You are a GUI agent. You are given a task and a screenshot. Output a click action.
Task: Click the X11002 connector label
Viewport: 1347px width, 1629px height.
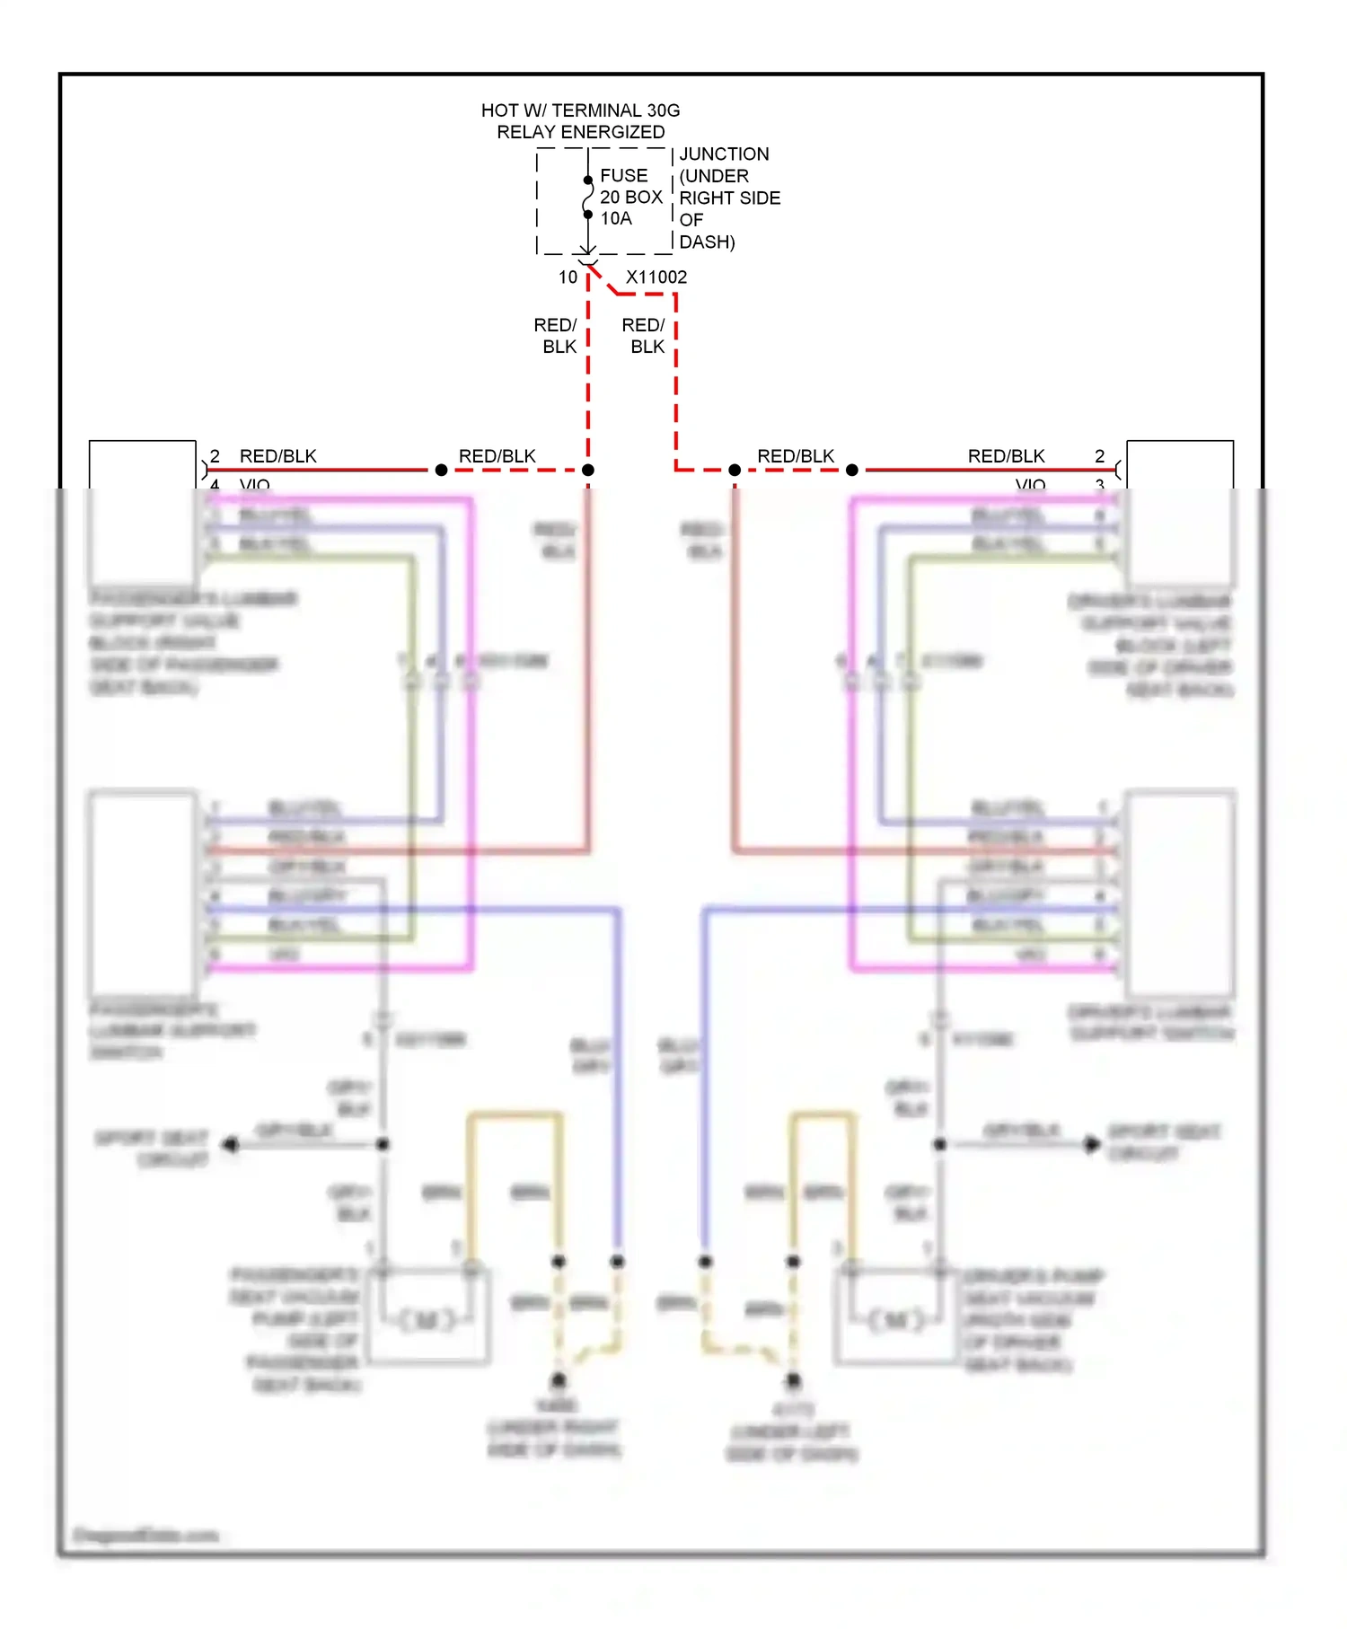click(656, 277)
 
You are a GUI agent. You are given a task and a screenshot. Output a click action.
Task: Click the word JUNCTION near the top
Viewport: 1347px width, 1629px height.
click(724, 154)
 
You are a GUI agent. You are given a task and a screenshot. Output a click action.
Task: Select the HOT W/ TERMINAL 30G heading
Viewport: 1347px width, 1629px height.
click(580, 110)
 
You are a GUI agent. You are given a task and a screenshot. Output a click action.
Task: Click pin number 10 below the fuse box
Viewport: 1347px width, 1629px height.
click(568, 277)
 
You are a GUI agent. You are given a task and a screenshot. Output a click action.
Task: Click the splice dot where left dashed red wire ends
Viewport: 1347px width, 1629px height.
click(588, 471)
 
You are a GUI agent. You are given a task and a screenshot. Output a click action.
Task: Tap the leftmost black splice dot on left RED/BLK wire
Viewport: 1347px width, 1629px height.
click(441, 471)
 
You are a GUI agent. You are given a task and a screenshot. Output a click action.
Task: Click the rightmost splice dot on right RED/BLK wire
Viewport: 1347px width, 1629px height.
click(852, 471)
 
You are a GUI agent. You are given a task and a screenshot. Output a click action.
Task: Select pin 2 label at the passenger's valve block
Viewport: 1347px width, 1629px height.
click(215, 456)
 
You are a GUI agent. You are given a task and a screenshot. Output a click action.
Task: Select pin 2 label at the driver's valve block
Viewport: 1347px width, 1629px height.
click(1099, 456)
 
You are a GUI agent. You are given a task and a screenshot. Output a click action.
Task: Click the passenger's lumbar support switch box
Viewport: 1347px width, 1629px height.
click(142, 894)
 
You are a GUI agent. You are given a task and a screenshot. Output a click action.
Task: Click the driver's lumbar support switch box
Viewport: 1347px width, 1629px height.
click(1180, 894)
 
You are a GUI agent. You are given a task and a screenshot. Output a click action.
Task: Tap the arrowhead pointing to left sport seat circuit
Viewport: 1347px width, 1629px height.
click(231, 1145)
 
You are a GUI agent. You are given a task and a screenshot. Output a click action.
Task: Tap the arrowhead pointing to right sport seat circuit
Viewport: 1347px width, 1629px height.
click(1093, 1145)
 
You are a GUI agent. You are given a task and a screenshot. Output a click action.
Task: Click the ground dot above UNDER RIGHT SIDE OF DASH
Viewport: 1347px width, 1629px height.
click(559, 1379)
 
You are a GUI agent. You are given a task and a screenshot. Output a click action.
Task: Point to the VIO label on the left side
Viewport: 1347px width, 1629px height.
click(255, 485)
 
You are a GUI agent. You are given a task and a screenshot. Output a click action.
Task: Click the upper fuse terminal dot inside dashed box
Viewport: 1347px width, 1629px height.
click(588, 181)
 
